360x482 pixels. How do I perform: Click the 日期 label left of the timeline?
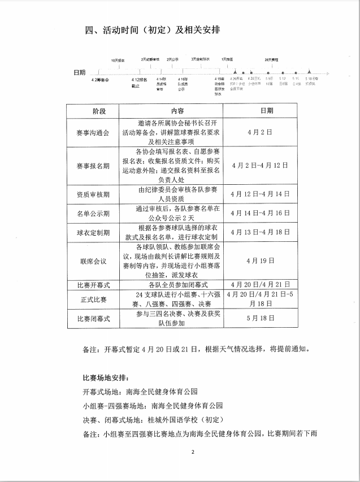80,73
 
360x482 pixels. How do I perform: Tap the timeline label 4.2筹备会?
99,80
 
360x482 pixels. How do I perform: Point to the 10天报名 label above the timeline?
118,60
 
